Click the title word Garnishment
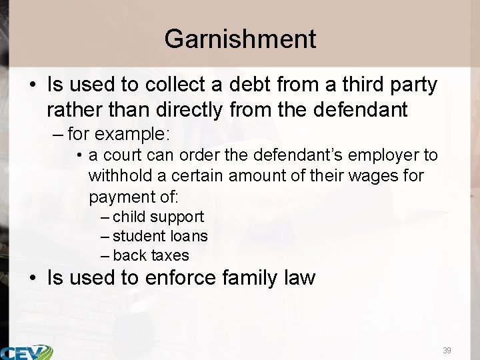(240, 39)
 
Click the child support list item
(158, 217)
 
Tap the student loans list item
(160, 236)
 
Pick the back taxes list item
(151, 255)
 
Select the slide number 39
(446, 350)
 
